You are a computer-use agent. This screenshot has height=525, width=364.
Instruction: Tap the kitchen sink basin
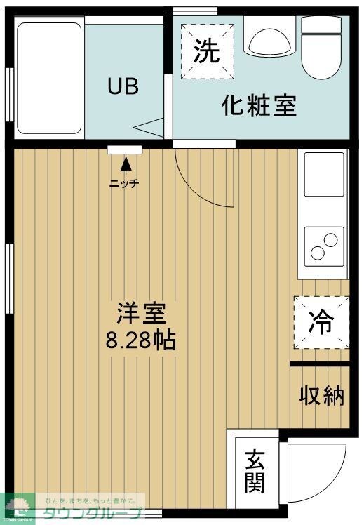click(x=323, y=174)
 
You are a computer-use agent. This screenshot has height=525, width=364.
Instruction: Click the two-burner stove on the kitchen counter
click(x=323, y=246)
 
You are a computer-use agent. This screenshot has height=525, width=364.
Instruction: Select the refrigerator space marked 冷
click(x=322, y=322)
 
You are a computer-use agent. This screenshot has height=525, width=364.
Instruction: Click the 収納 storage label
click(x=323, y=396)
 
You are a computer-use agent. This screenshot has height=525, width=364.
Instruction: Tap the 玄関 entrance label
click(x=255, y=471)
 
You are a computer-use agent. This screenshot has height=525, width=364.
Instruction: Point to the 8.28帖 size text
click(x=141, y=341)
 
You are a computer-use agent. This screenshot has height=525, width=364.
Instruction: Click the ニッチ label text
click(x=124, y=184)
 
